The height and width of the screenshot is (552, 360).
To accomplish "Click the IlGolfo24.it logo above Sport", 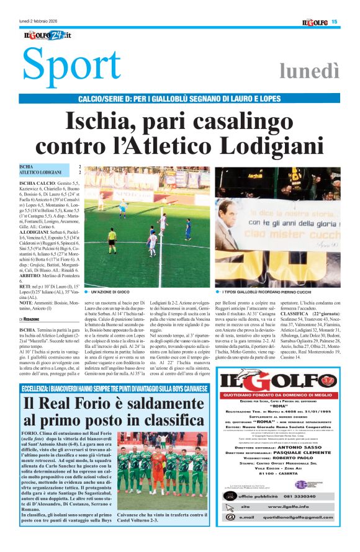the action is click(x=45, y=35).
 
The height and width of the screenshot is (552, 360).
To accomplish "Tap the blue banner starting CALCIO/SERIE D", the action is click(x=179, y=99).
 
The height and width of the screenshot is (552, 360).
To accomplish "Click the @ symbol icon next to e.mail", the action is click(x=230, y=517).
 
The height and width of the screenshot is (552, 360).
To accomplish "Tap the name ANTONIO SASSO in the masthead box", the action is click(x=293, y=447).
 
